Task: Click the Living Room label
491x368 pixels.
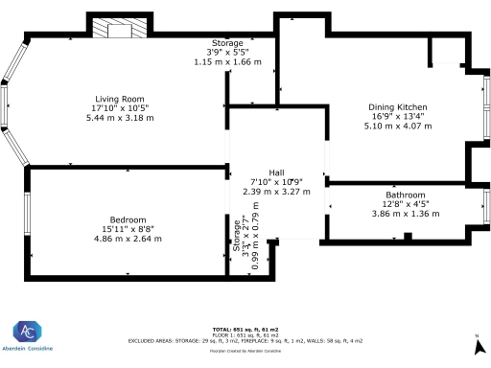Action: click(119, 98)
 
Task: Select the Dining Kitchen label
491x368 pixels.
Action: click(398, 107)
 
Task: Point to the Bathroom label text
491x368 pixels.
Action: click(405, 195)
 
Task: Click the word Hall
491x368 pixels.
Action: click(275, 172)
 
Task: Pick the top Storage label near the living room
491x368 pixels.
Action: click(226, 44)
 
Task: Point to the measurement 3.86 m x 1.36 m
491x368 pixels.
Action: click(405, 214)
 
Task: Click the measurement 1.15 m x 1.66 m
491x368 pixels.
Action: click(228, 62)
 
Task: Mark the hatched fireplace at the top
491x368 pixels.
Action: click(119, 29)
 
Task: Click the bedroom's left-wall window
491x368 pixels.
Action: click(27, 219)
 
